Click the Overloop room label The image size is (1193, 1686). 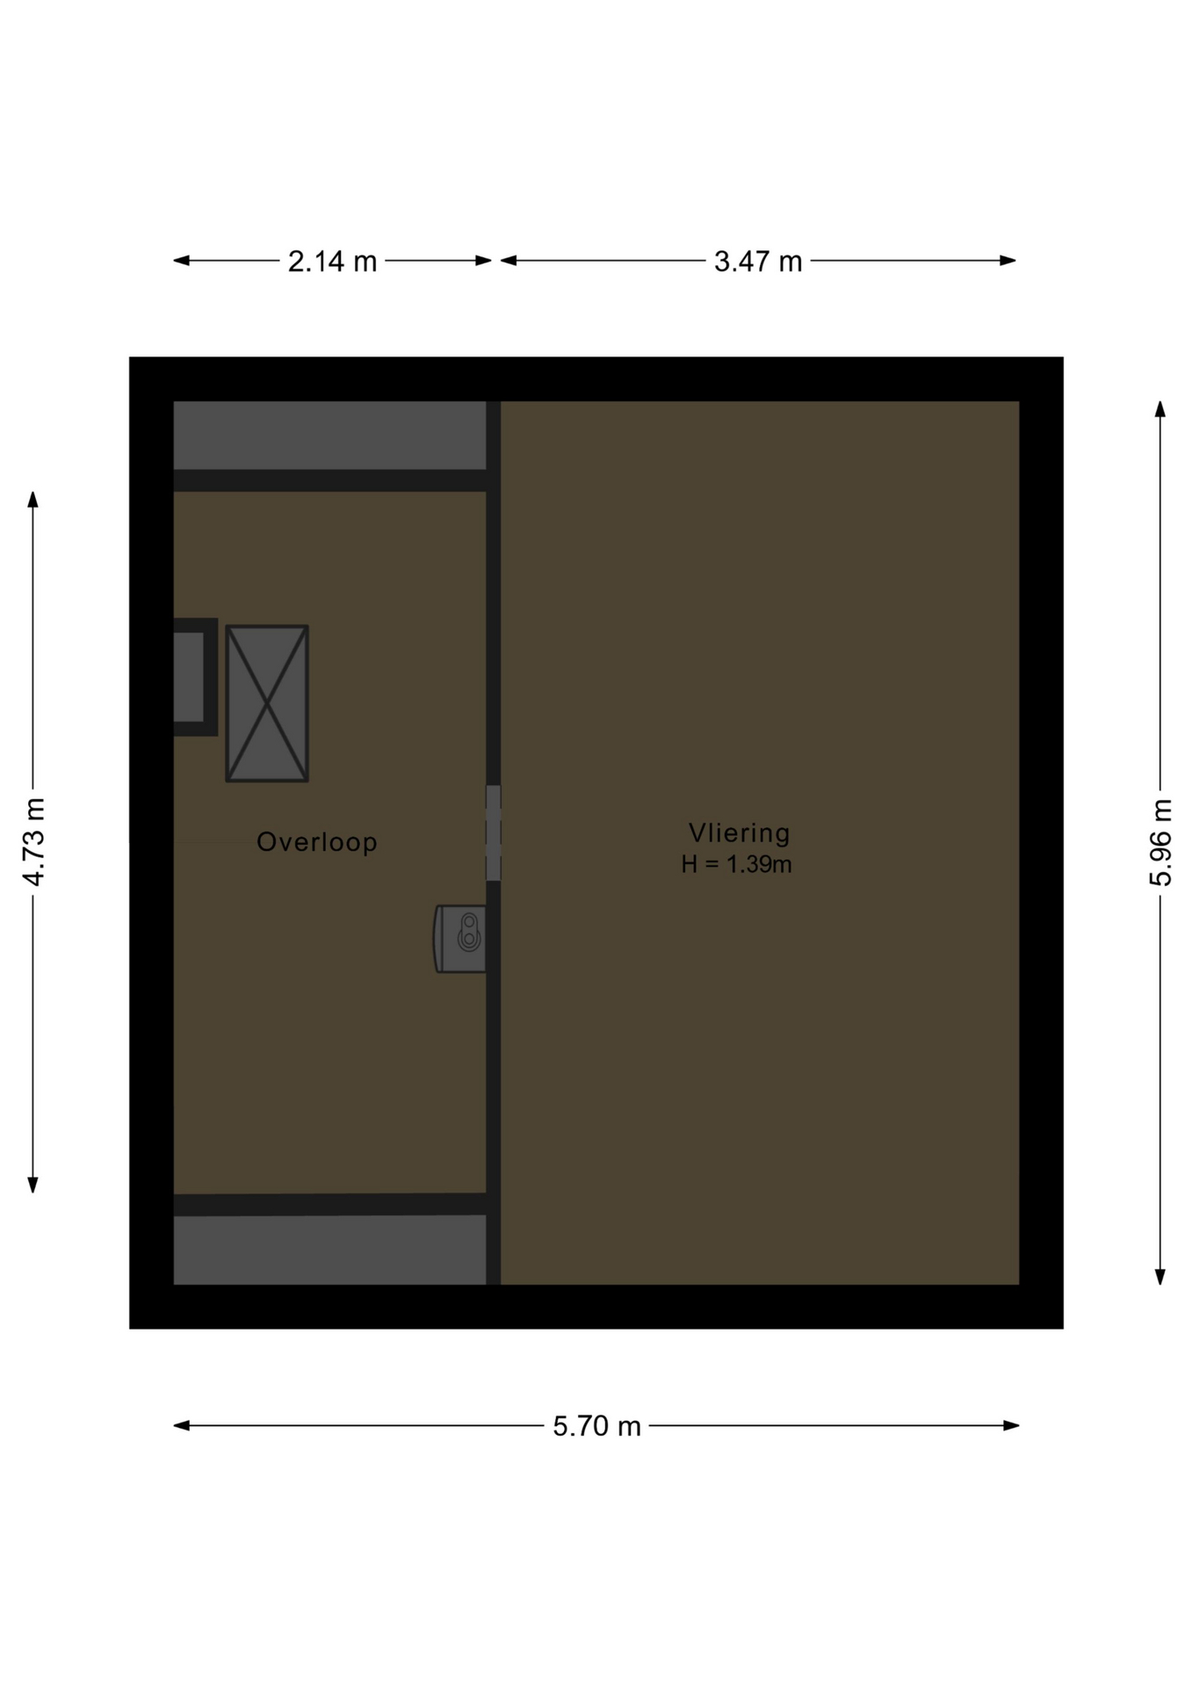point(316,841)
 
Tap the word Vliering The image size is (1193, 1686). point(739,832)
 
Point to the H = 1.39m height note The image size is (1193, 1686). point(736,864)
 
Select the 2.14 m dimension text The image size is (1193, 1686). point(332,261)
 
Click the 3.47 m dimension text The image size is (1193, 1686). point(758,261)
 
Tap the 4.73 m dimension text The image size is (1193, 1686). point(33,841)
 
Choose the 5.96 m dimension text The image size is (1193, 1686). point(1160,842)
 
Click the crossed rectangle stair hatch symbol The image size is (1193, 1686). point(267,703)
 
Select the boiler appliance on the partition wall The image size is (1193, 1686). point(460,939)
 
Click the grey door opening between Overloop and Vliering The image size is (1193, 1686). point(494,832)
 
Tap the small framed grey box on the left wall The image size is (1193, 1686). point(194,677)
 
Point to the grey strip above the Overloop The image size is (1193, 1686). point(329,436)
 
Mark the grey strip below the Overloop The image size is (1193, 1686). point(329,1250)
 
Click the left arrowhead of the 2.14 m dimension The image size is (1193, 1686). point(181,260)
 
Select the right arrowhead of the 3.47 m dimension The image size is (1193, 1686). point(1008,260)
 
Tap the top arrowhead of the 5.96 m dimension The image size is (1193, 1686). point(1160,409)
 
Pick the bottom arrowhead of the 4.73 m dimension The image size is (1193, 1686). point(33,1185)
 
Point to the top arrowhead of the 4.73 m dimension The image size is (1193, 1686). point(33,500)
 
